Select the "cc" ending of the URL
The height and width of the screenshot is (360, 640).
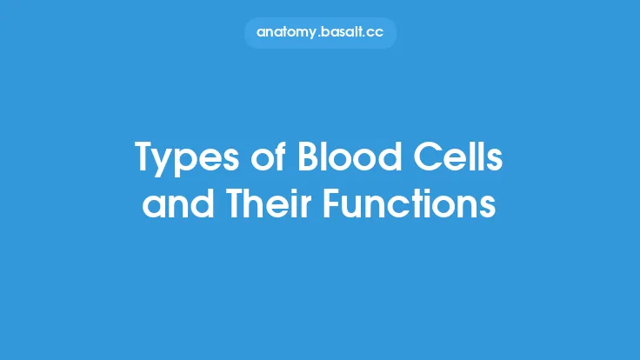[375, 32]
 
